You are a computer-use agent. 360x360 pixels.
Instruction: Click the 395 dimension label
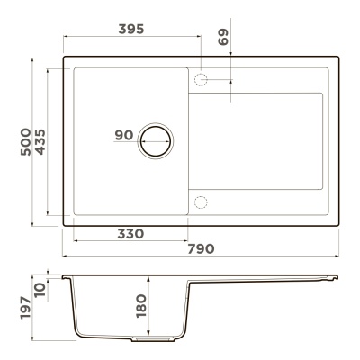(131, 29)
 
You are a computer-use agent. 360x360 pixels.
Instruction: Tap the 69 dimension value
(223, 37)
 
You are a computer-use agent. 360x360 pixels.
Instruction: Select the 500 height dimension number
(26, 141)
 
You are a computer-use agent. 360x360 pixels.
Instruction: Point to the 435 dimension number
(40, 141)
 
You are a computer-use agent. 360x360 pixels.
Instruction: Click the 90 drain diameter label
(124, 135)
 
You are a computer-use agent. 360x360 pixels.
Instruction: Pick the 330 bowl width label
(130, 234)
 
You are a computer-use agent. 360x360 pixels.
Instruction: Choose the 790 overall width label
(201, 248)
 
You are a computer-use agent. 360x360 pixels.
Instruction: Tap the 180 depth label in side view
(141, 306)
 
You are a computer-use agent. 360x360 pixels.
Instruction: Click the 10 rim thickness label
(40, 290)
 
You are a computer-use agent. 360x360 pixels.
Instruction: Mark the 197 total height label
(26, 308)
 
